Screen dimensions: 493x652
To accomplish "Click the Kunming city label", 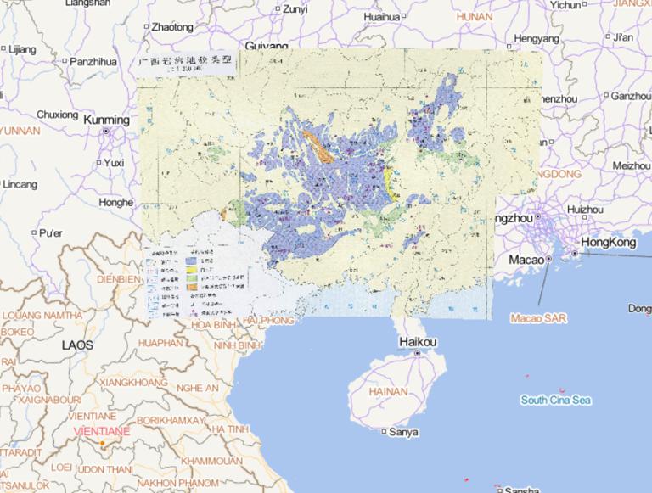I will click(105, 121).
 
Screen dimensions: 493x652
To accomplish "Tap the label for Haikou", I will click(417, 342).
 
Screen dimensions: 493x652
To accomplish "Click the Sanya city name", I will click(402, 432).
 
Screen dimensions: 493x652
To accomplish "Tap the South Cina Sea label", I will click(556, 401).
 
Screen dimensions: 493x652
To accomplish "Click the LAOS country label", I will click(79, 345).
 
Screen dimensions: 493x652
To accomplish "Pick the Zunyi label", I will click(294, 10).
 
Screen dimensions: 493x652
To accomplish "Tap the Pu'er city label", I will click(52, 232).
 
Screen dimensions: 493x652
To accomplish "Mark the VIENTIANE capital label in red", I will click(102, 431).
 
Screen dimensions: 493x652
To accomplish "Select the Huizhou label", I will click(584, 209).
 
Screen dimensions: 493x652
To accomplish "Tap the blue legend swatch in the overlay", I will click(194, 261).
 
